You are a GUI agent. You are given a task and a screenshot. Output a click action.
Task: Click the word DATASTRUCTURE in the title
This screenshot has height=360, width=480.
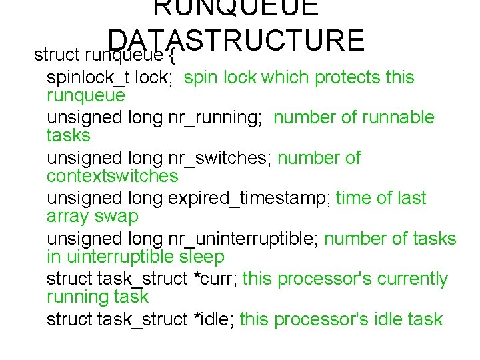[236, 39]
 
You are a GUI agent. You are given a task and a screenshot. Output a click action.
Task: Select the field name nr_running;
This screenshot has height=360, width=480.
[216, 118]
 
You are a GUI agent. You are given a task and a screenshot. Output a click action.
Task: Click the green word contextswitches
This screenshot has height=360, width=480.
[113, 176]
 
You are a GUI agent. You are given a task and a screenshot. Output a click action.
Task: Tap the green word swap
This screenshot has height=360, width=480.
[121, 216]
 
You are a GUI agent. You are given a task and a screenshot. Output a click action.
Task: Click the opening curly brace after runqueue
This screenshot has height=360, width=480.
[169, 53]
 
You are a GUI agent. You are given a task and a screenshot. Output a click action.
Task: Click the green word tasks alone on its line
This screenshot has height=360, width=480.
[68, 136]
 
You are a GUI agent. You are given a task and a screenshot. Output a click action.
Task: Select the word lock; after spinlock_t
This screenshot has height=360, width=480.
[154, 78]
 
